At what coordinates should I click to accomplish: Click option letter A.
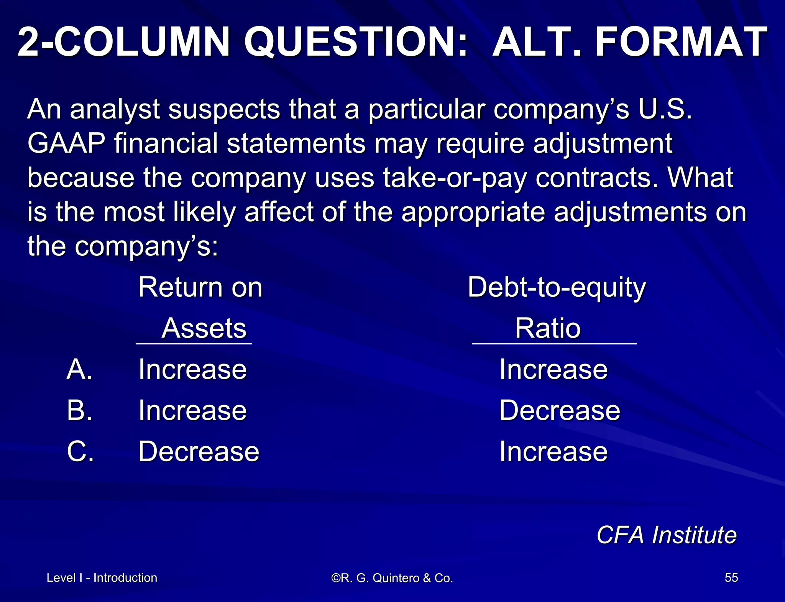(80, 370)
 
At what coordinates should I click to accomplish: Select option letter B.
(80, 411)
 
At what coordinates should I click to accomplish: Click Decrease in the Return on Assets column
(199, 452)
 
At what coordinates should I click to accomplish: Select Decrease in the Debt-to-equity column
(560, 411)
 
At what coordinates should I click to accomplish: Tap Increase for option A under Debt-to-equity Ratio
(553, 370)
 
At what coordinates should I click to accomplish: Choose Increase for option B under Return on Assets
(192, 411)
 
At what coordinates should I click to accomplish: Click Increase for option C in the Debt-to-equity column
(553, 452)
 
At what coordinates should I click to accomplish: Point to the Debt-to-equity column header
(557, 288)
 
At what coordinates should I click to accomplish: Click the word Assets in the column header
(204, 329)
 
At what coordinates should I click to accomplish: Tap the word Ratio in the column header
(548, 329)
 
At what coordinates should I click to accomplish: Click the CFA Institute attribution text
(666, 535)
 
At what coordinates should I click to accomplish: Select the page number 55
(731, 578)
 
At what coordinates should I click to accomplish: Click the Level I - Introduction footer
(102, 578)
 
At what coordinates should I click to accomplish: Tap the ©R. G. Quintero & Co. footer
(392, 578)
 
